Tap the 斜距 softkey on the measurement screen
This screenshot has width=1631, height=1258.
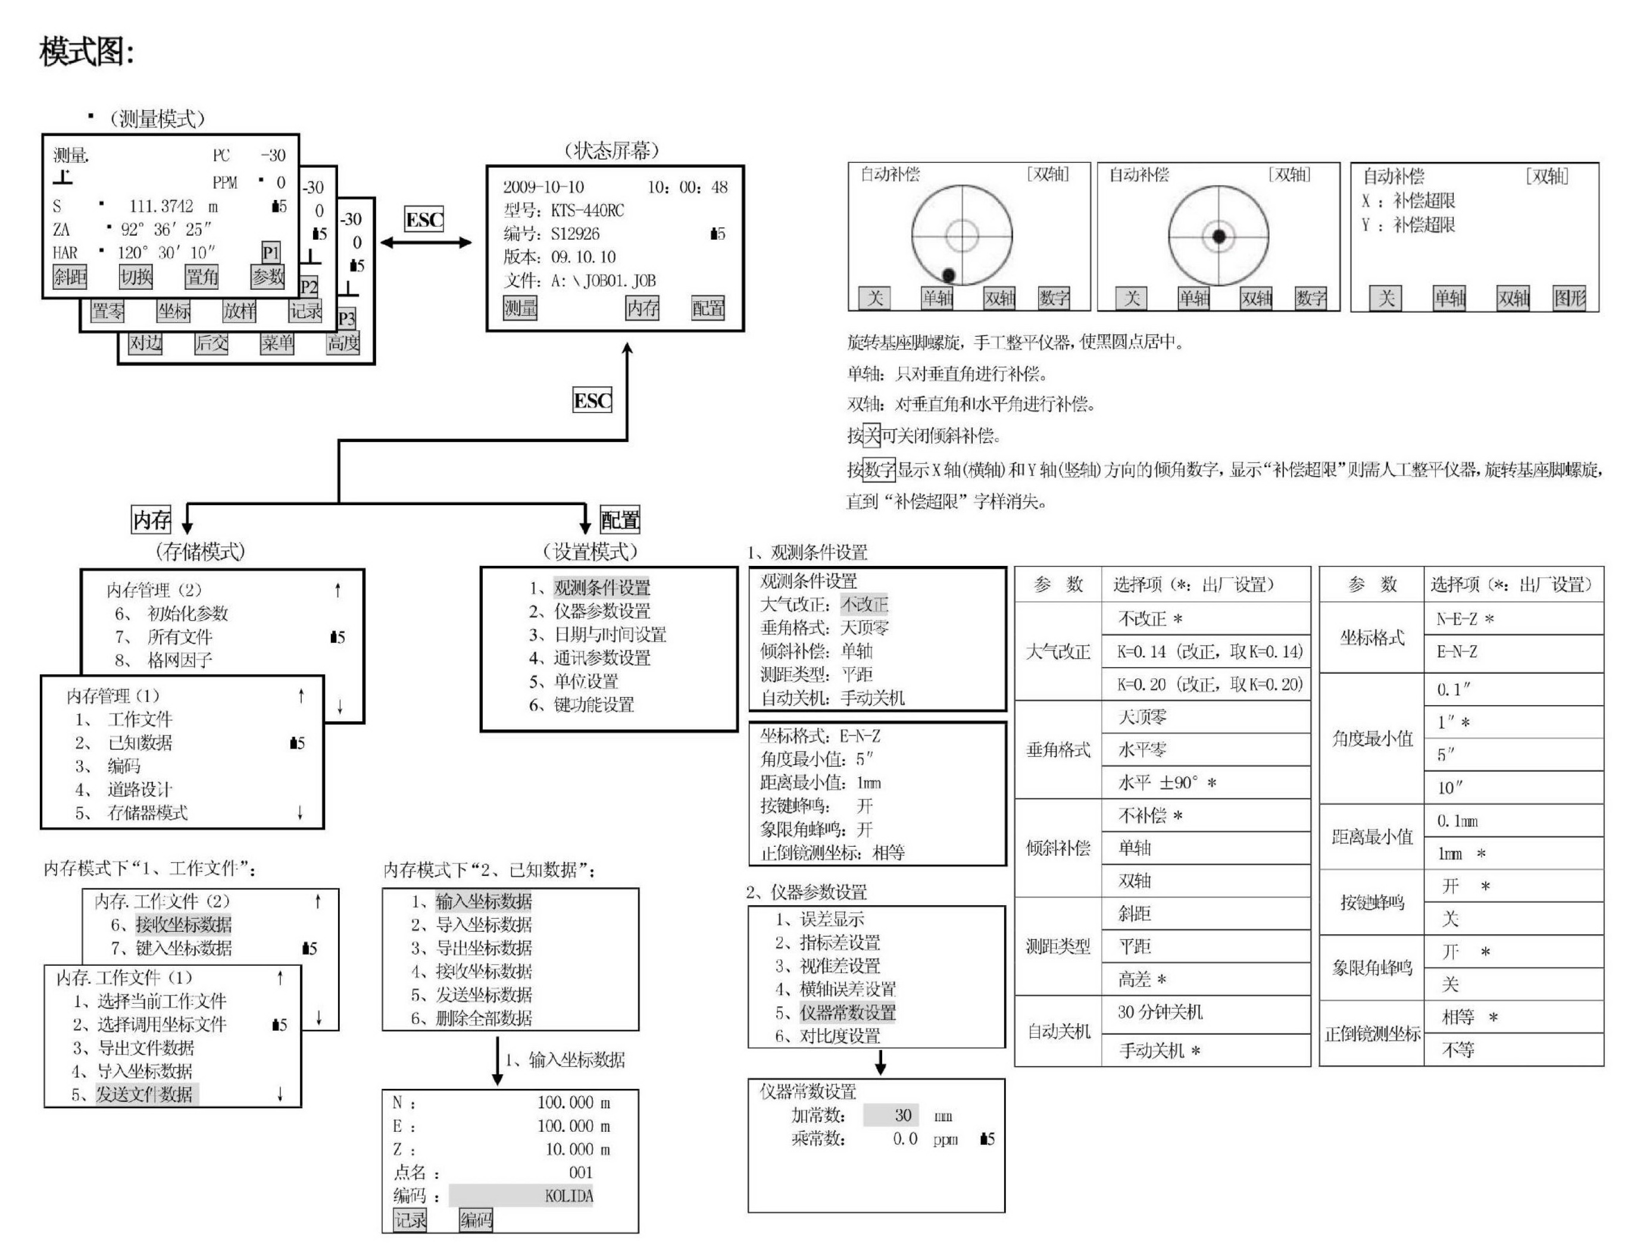click(70, 277)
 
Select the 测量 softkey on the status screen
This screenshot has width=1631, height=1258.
click(520, 308)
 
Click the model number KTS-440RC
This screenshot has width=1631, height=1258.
click(587, 211)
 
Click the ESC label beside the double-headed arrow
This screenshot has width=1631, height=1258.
click(424, 220)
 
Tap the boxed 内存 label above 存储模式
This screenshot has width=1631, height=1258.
click(152, 520)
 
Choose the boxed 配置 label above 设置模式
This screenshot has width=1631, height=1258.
click(620, 520)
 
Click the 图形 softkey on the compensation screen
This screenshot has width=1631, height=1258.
click(1569, 299)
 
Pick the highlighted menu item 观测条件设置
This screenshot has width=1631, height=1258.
click(602, 587)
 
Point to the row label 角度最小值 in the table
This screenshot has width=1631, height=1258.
click(1373, 739)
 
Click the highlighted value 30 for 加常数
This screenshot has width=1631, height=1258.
click(891, 1115)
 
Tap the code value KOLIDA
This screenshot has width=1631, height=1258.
click(569, 1196)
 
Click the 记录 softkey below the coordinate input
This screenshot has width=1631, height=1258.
click(410, 1220)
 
